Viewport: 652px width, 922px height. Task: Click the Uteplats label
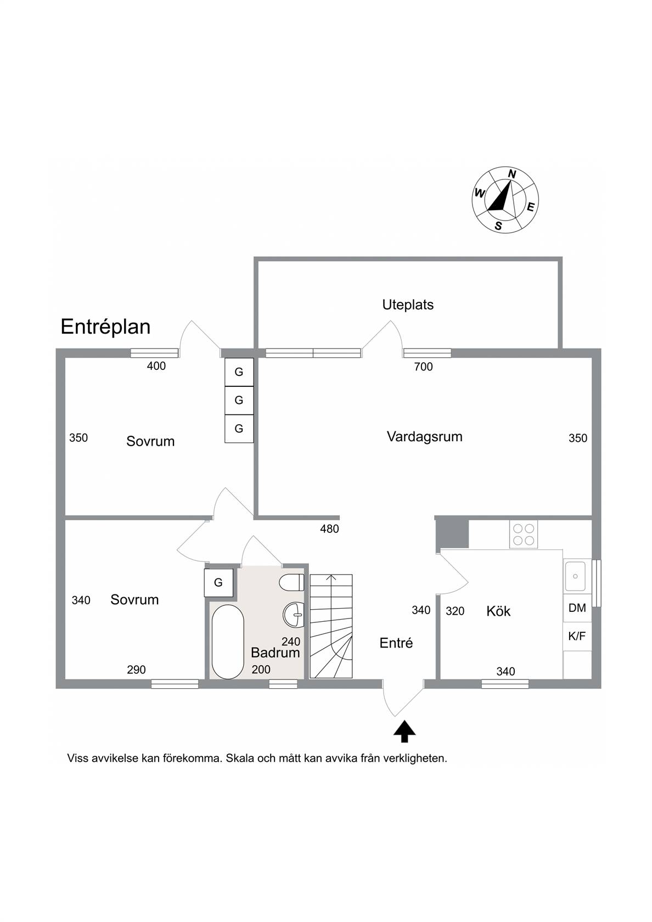click(407, 305)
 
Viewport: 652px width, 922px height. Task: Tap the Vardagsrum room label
click(424, 437)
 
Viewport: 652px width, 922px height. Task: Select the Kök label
click(498, 611)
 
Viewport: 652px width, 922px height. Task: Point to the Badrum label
click(275, 653)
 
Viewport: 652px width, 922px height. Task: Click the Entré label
click(396, 643)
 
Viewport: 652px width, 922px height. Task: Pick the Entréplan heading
click(105, 327)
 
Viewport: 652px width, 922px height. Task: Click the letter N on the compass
click(512, 173)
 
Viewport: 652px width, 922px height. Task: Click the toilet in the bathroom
click(291, 583)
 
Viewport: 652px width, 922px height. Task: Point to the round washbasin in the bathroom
click(294, 615)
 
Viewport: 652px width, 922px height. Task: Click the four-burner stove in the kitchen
click(524, 535)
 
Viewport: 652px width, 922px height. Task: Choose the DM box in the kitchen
click(577, 608)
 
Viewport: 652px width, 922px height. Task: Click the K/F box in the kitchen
click(577, 637)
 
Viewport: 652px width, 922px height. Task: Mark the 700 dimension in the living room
click(424, 367)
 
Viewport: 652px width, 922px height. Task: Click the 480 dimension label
click(329, 529)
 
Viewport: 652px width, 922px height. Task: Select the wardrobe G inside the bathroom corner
click(218, 582)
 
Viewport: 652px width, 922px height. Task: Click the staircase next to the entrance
click(331, 626)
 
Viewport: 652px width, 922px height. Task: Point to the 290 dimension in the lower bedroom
click(136, 670)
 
